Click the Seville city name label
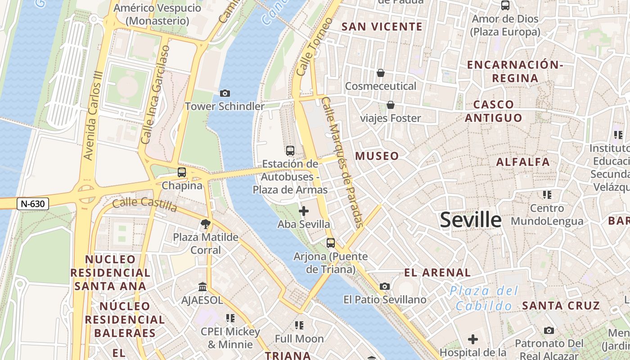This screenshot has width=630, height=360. (470, 220)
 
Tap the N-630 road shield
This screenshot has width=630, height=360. (33, 204)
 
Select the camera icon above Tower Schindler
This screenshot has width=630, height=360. (225, 93)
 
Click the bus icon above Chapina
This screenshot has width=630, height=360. (182, 172)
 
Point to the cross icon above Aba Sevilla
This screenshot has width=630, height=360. (304, 211)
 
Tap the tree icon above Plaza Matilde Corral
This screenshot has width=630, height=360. (206, 223)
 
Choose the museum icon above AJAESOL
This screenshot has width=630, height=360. (202, 287)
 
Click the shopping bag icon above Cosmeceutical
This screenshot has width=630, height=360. (381, 72)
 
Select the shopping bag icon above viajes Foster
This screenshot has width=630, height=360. (391, 105)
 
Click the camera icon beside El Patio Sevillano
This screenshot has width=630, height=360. (385, 286)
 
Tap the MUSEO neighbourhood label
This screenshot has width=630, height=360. (377, 156)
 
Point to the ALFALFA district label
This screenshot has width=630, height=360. (523, 162)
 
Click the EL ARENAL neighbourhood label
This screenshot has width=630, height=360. (437, 272)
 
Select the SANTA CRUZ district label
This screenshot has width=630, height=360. (561, 306)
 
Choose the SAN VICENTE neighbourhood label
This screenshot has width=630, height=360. (382, 27)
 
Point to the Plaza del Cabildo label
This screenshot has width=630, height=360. (484, 298)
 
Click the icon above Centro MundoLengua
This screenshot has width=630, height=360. (547, 195)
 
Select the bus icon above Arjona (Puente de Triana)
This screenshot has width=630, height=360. (331, 243)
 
